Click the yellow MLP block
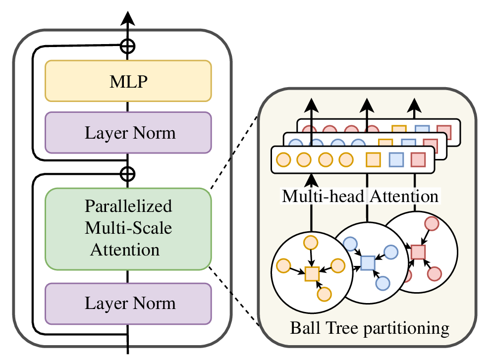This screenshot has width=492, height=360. pos(128,81)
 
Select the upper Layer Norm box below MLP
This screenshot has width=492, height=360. pos(128,132)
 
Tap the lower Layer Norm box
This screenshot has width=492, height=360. pos(128,303)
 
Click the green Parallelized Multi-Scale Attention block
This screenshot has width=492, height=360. pos(128,229)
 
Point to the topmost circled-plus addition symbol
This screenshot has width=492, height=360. pos(128,47)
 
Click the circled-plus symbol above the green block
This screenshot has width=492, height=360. pos(128,173)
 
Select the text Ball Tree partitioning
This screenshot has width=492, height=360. pos(369,328)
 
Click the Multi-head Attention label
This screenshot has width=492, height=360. pos(360,197)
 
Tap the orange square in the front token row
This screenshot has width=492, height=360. pos(373,160)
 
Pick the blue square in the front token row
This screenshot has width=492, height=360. pos(395,160)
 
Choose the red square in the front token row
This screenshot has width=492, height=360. pos(419,160)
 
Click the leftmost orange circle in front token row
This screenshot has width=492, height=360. pos(283,160)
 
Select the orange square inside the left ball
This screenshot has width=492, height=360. pos(311,273)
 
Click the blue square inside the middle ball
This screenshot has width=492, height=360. pos(367,262)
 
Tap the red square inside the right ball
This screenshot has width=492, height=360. pos(418,252)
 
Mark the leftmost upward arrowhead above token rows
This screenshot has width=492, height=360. pos(311,105)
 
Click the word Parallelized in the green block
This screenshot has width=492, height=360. pos(128,206)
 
